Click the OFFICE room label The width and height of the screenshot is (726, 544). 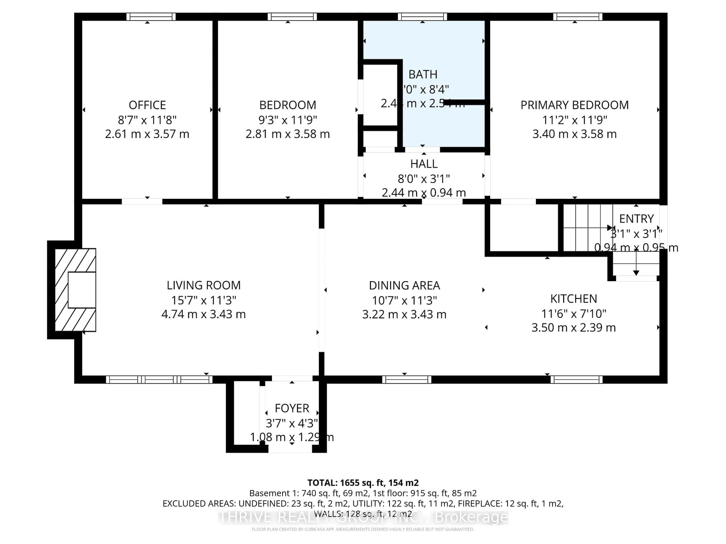[147, 105]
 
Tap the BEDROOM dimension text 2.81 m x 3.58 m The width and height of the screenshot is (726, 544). [288, 134]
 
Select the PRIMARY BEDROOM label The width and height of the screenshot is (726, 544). [574, 105]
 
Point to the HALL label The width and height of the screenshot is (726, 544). [424, 164]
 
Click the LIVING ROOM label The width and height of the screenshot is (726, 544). [203, 285]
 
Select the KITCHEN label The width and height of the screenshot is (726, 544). [573, 299]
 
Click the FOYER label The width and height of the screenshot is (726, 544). [292, 408]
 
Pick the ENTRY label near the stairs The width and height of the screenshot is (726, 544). [636, 219]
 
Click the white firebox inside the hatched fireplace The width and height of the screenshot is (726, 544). [82, 290]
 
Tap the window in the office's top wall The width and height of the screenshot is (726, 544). [151, 17]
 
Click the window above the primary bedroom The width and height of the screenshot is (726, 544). [578, 17]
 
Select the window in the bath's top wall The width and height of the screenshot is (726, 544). [422, 17]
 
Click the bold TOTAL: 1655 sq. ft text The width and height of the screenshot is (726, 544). [363, 483]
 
